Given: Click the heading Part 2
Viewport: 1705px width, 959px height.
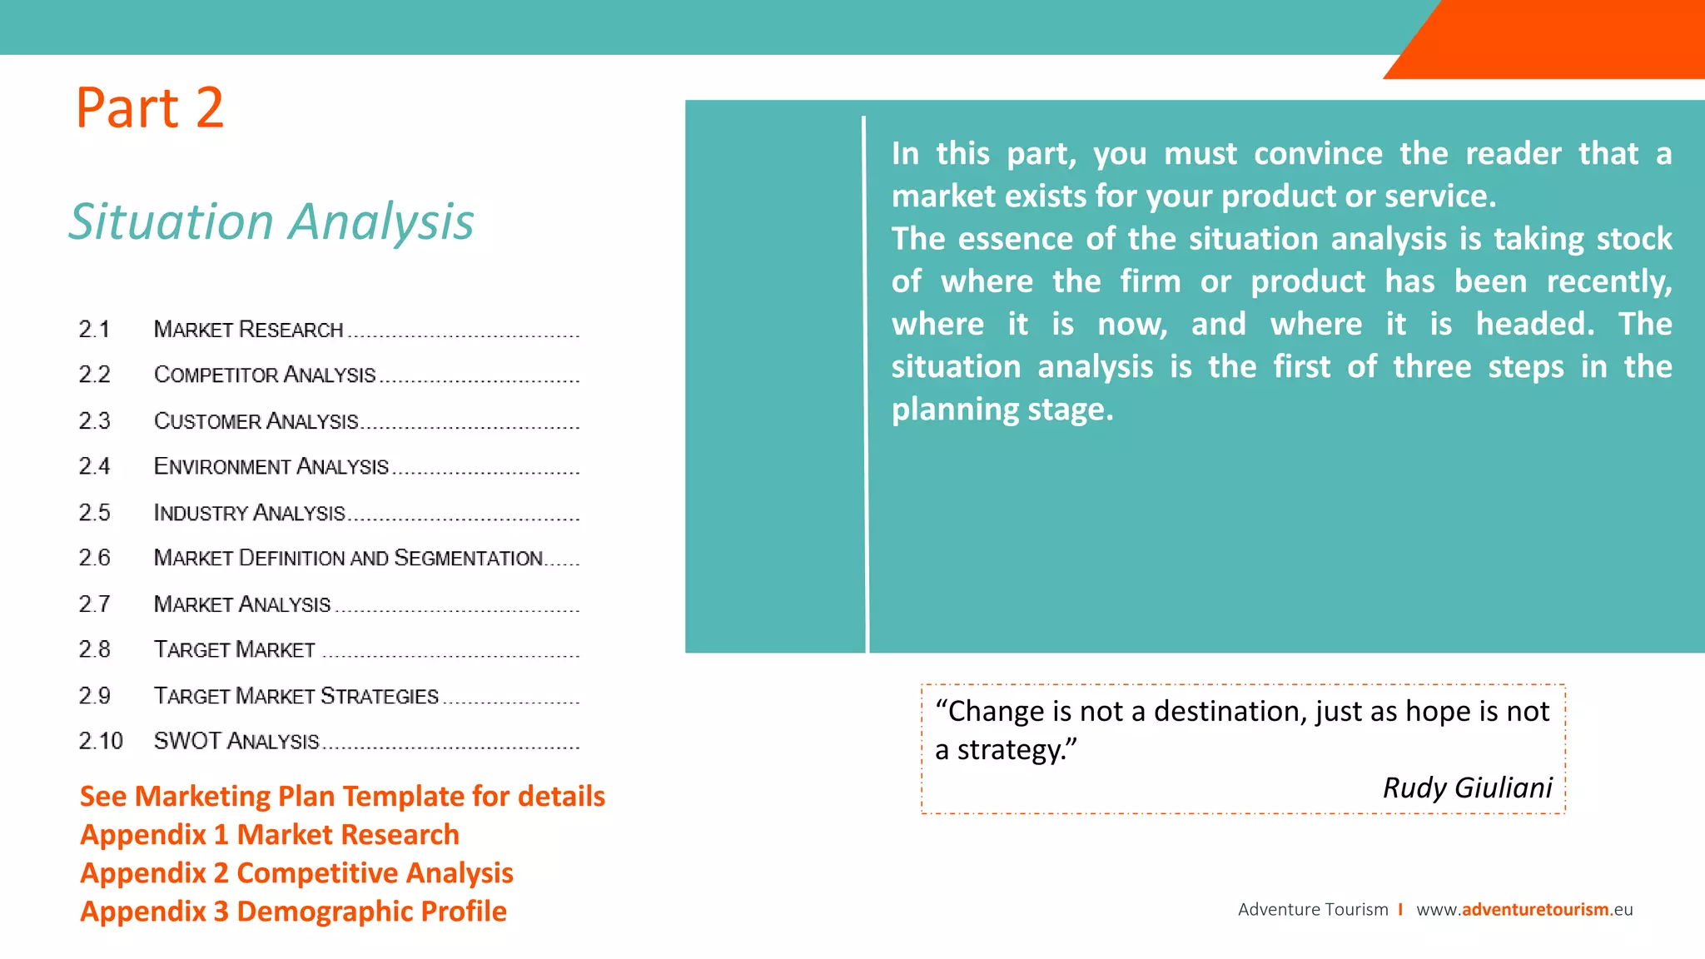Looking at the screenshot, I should coord(150,108).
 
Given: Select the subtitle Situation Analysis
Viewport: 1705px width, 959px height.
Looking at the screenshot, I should coord(271,222).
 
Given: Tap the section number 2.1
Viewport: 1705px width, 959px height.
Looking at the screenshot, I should coord(94,330).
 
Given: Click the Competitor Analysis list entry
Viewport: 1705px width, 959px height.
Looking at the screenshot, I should coord(265,375).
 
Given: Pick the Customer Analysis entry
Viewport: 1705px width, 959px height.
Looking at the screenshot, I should coord(256,421).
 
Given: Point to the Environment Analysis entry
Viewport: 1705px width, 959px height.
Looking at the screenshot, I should coord(271,466).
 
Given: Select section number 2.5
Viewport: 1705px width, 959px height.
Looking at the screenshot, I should coord(94,513).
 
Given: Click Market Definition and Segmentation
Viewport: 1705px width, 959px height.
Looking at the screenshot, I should coord(348,558).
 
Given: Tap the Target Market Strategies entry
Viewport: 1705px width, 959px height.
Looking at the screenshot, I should coord(296,696).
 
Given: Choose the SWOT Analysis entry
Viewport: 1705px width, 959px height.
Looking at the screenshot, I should coord(236,741).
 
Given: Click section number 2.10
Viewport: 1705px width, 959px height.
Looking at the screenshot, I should coord(101,741).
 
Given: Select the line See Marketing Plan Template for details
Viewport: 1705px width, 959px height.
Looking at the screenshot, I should coord(342,797).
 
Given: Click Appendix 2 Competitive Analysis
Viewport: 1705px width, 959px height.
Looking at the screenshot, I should coord(296,873).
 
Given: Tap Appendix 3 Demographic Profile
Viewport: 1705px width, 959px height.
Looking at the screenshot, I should coord(293,912).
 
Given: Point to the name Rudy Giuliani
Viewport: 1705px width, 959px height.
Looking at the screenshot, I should coord(1467,788).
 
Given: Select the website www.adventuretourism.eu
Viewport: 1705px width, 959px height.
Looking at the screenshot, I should coord(1524,909).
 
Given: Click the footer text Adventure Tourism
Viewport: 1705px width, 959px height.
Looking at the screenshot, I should coord(1313,909).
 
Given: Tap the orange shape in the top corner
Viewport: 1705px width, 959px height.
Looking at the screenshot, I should coord(1565,37).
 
